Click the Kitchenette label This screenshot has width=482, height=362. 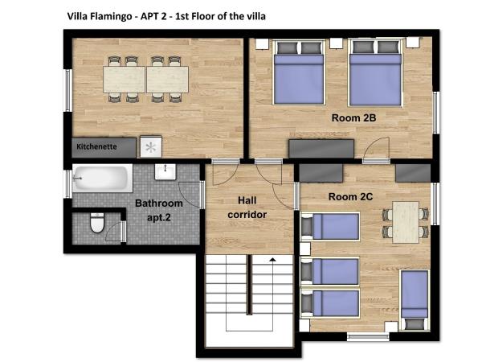(x=96, y=147)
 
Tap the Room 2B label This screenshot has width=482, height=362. (x=354, y=117)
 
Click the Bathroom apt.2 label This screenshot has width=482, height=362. (x=158, y=210)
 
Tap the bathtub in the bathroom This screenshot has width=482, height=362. (x=100, y=178)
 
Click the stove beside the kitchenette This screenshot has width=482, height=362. (x=150, y=147)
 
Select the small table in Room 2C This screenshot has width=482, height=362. (x=406, y=220)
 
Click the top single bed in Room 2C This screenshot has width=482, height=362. (x=330, y=227)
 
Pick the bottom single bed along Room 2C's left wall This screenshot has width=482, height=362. (x=330, y=302)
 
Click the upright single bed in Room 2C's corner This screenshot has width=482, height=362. (x=415, y=299)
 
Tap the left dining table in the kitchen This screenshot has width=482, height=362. (x=124, y=79)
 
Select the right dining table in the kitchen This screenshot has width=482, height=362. (x=167, y=79)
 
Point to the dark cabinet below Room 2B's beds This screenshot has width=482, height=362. (x=321, y=149)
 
